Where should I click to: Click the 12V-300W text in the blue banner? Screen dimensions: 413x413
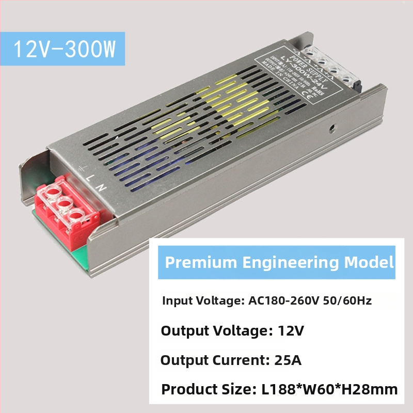click(65, 49)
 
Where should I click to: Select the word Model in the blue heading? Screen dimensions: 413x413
click(369, 262)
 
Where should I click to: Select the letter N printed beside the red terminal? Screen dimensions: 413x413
click(103, 187)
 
